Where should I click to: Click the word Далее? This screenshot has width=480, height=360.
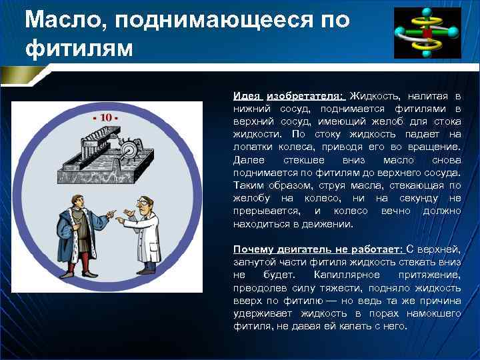tap(249, 160)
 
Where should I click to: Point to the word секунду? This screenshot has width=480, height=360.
tap(421, 198)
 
